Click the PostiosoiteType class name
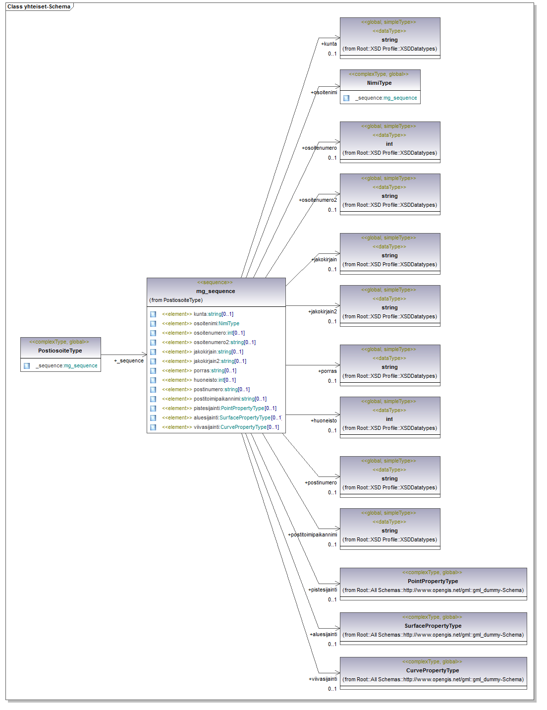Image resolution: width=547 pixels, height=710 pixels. (60, 351)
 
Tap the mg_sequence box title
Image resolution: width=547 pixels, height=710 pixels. (216, 291)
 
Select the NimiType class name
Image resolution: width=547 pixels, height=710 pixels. (380, 83)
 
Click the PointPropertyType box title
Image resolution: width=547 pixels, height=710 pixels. (433, 581)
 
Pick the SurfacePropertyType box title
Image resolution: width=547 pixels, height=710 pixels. (433, 626)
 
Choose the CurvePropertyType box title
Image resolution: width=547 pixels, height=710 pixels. (433, 670)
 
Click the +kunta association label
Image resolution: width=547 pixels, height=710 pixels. (329, 44)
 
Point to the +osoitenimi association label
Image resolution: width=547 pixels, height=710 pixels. (324, 92)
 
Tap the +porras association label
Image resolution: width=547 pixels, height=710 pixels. (328, 371)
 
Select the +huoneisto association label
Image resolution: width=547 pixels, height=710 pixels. (324, 420)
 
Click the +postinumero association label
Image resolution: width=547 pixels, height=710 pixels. (321, 482)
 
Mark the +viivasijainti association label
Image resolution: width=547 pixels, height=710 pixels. (323, 679)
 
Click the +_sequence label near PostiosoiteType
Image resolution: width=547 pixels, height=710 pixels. (129, 360)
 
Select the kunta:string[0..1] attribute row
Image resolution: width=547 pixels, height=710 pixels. (213, 314)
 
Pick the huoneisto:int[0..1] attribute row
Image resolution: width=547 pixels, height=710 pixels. (215, 380)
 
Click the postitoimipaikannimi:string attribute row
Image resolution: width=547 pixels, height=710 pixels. (230, 399)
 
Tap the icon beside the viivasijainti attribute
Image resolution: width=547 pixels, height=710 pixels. (153, 427)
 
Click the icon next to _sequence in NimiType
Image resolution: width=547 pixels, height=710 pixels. (346, 98)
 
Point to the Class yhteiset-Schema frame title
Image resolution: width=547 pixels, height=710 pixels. (39, 6)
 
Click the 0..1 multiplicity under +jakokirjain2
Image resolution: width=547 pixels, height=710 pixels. (332, 321)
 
